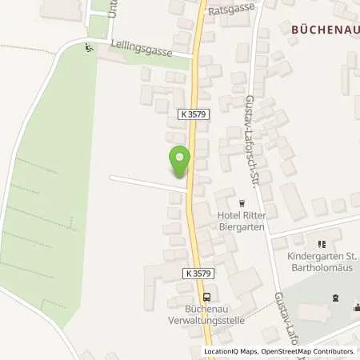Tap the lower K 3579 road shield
tap(196, 274)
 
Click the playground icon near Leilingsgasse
tap(88, 47)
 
